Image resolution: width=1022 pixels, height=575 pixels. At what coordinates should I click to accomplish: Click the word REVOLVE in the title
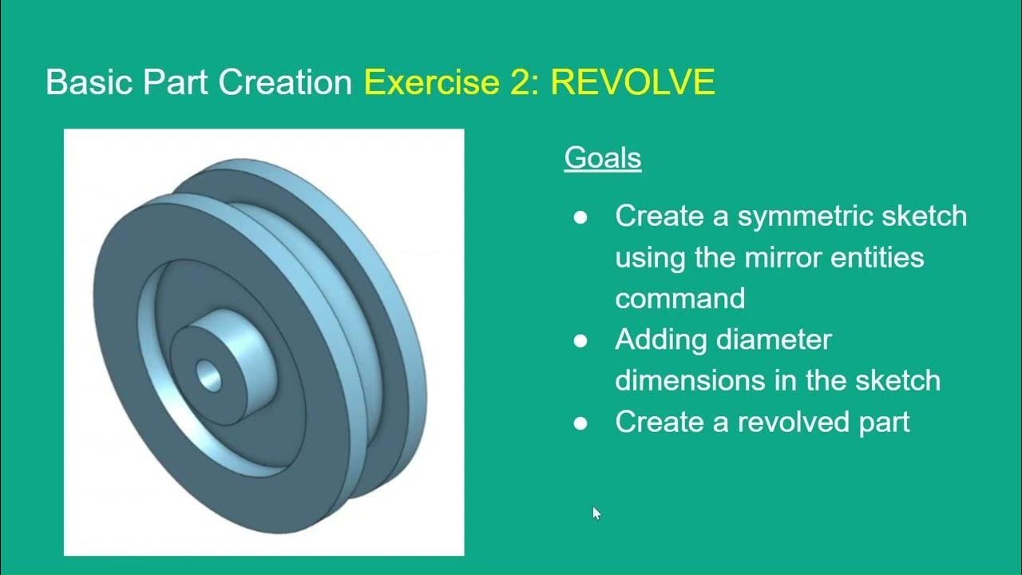pyautogui.click(x=632, y=82)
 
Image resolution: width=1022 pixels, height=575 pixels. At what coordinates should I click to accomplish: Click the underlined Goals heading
pyautogui.click(x=603, y=157)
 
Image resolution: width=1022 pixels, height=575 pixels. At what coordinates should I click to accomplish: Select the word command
pyautogui.click(x=679, y=299)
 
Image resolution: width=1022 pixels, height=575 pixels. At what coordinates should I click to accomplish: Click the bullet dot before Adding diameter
pyautogui.click(x=580, y=341)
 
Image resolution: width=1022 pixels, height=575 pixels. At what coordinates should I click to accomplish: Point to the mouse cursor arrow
pyautogui.click(x=596, y=513)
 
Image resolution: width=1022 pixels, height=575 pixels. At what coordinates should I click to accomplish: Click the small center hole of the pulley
pyautogui.click(x=210, y=375)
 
